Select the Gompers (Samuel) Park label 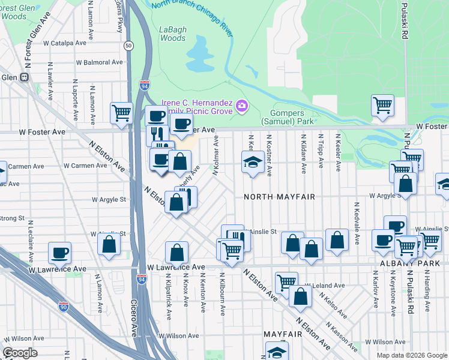[287, 117]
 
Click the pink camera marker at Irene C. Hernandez [241, 106]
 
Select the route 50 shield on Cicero [128, 46]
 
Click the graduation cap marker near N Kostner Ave [253, 161]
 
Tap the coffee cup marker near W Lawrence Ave [59, 253]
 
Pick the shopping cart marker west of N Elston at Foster [121, 112]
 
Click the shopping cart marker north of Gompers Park [382, 106]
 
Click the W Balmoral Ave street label [99, 62]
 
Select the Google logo [20, 352]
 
